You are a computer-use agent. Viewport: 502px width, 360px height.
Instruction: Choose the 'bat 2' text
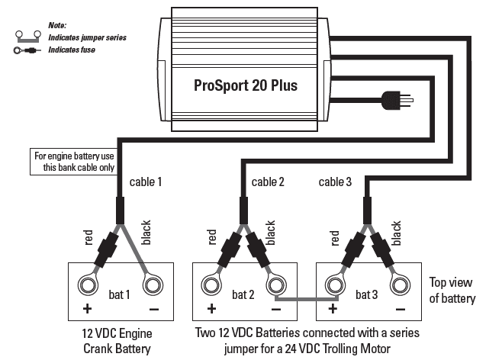pos(243,293)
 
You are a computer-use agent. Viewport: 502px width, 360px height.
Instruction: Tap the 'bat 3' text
pos(367,293)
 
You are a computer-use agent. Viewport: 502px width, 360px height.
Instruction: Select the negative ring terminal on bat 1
pos(152,286)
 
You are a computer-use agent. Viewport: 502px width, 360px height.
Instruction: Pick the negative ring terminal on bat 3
pos(399,286)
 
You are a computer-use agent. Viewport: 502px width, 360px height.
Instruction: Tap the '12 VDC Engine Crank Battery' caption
pos(119,342)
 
